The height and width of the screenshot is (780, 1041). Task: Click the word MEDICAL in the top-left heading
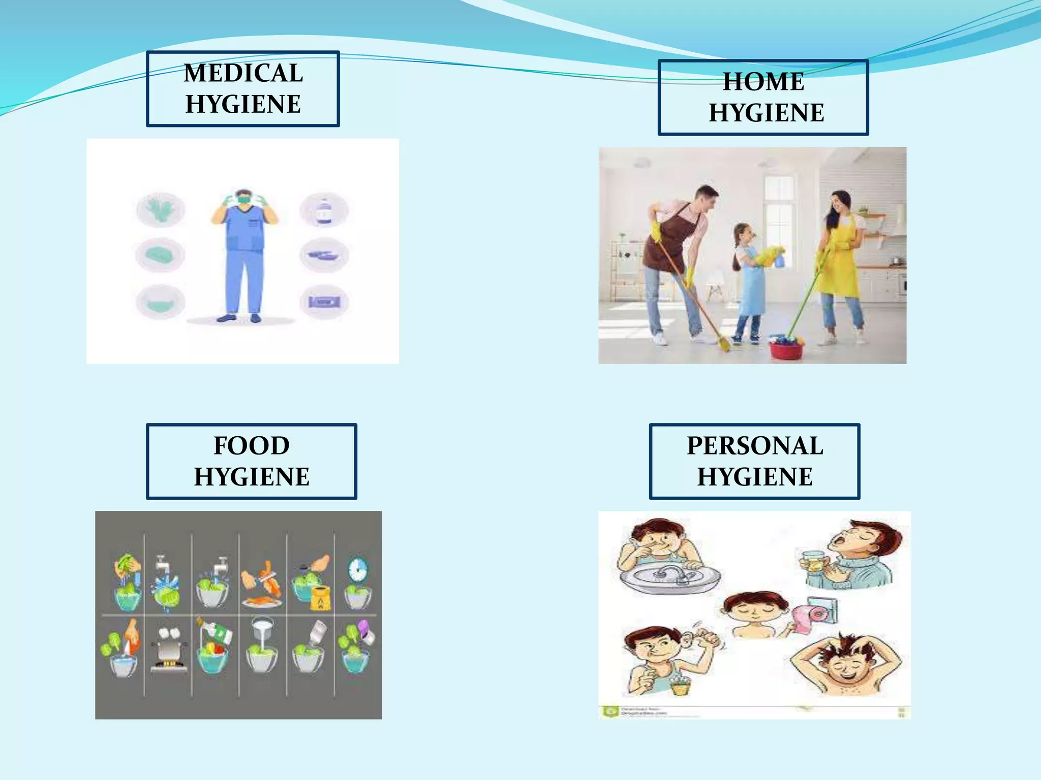(x=243, y=73)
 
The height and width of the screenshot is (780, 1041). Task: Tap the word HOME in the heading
(x=763, y=81)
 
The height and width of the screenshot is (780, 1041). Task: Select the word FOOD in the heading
(x=251, y=445)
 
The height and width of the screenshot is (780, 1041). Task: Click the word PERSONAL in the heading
(x=755, y=445)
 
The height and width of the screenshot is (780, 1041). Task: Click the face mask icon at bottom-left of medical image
(x=161, y=303)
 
